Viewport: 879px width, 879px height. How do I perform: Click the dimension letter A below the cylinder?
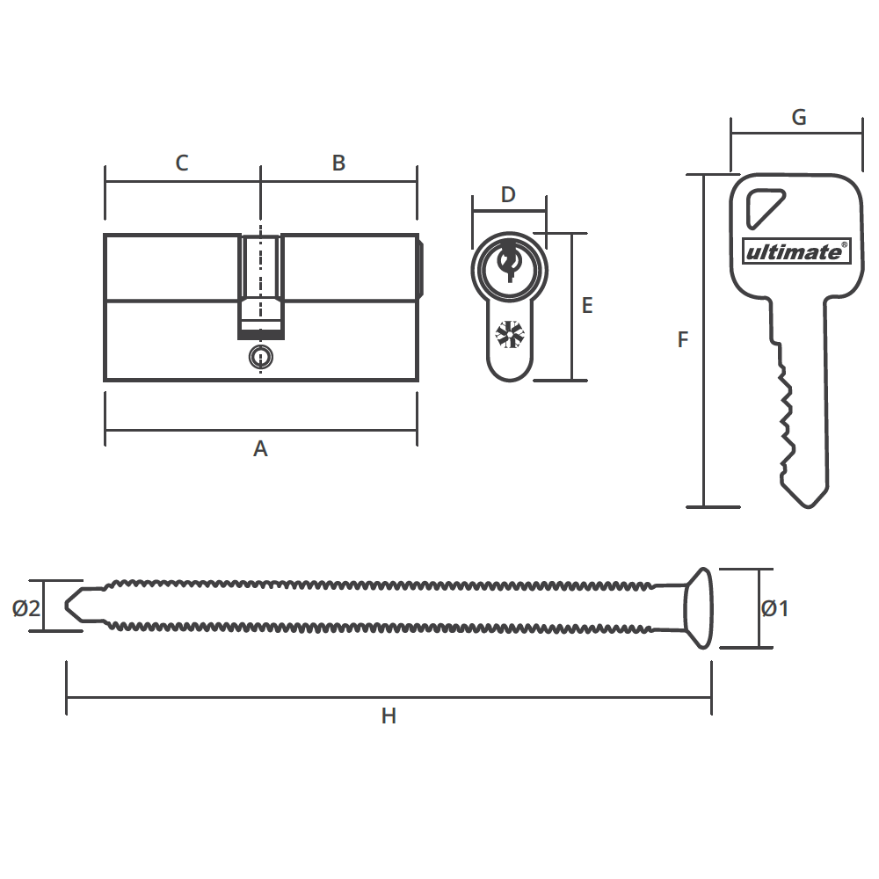click(x=260, y=449)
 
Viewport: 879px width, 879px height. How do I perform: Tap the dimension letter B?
click(x=338, y=163)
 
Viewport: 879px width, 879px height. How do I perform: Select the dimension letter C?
click(x=182, y=163)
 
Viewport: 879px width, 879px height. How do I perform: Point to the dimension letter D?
click(x=508, y=195)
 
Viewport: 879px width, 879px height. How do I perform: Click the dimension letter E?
click(x=587, y=306)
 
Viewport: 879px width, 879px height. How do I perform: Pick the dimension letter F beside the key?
click(x=682, y=339)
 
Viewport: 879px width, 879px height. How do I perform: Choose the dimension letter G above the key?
click(x=799, y=117)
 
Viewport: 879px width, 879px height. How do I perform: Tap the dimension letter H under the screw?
click(x=389, y=716)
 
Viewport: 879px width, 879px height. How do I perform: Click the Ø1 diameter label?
click(x=775, y=608)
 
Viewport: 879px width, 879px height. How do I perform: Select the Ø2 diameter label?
click(x=26, y=608)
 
